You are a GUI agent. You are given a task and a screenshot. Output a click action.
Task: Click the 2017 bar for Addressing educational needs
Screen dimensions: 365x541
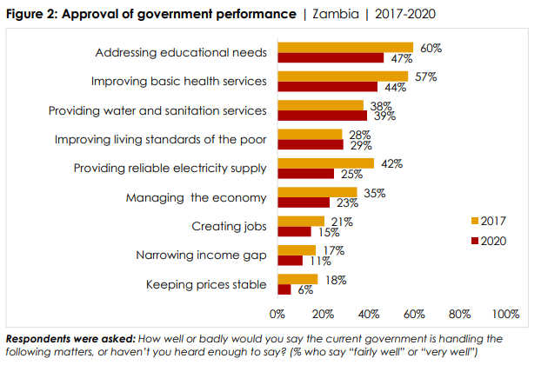point(345,48)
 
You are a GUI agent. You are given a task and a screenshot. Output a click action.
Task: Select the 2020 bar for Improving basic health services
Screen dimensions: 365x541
point(328,87)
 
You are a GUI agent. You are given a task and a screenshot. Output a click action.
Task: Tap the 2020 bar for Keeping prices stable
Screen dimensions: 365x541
point(284,289)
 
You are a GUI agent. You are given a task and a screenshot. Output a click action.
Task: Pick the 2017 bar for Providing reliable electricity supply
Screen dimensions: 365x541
point(325,163)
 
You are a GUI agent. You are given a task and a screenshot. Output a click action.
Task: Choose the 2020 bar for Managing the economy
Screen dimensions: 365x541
point(304,202)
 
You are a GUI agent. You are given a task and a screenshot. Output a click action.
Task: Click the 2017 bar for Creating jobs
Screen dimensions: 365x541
point(301,222)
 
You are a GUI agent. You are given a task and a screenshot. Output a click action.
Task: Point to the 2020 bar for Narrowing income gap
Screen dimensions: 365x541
point(291,261)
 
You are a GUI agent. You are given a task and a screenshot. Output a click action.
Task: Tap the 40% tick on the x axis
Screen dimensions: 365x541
point(369,313)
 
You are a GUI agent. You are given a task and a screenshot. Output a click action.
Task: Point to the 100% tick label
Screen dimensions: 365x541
point(505,313)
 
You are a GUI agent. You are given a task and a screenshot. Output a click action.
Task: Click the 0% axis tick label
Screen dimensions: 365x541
point(277,313)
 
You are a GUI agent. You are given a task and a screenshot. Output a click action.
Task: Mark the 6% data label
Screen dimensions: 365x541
point(304,290)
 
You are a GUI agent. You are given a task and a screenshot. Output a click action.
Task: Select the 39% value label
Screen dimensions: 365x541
point(383,116)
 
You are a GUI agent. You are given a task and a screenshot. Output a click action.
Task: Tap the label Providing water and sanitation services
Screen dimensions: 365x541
point(157,110)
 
